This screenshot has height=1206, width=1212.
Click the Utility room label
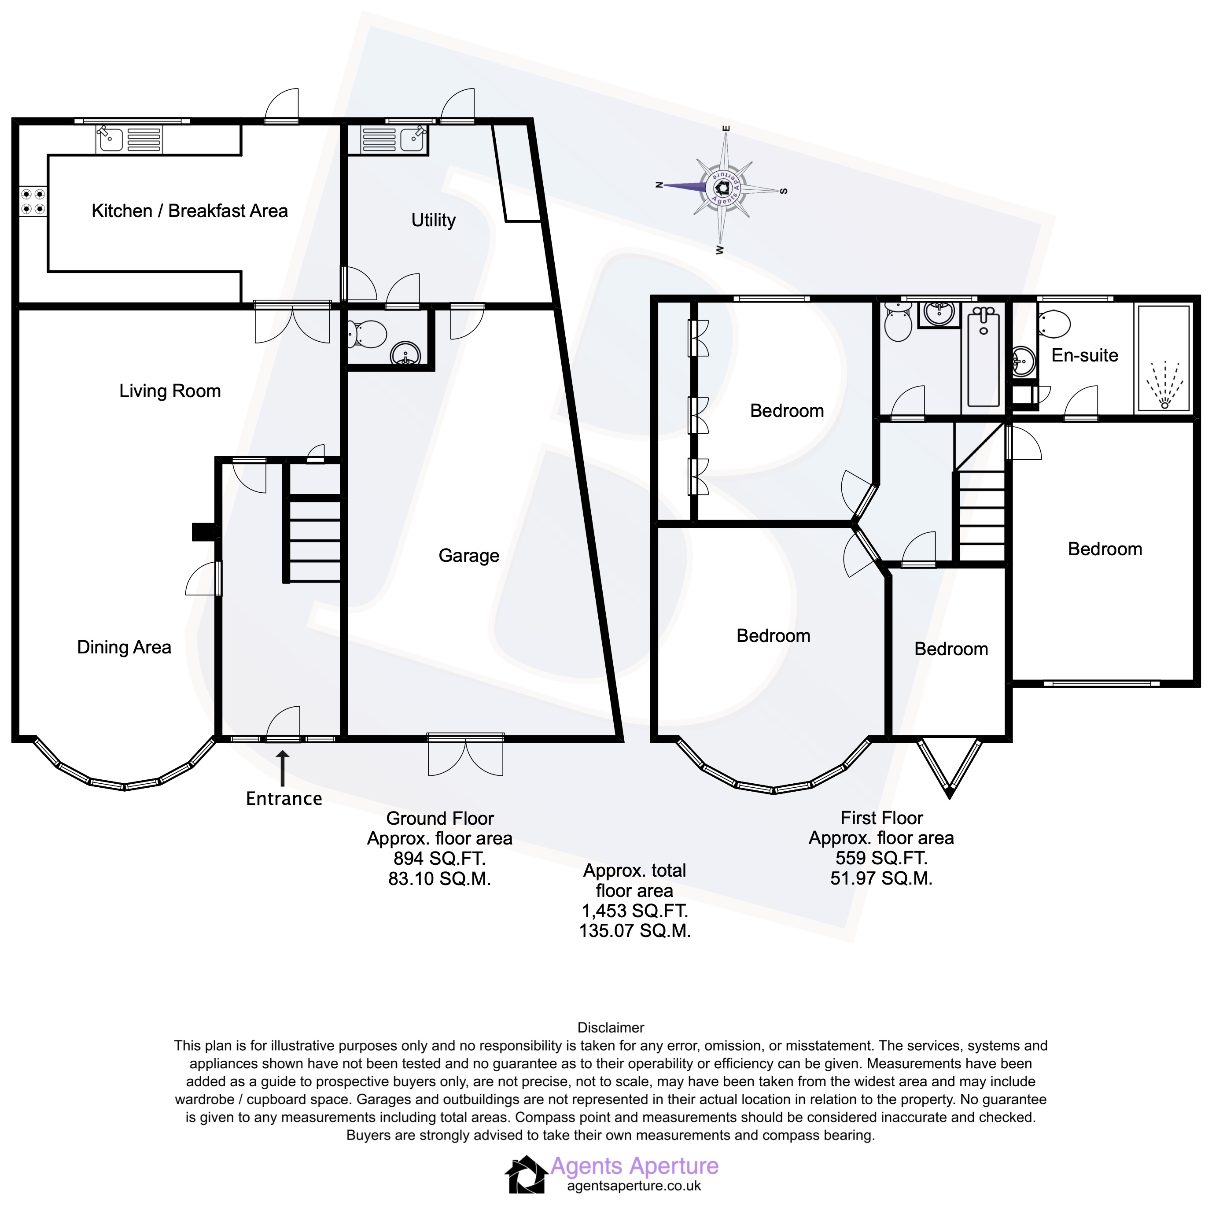point(433,220)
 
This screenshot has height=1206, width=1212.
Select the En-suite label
point(1085,355)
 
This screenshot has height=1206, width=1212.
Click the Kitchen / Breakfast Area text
point(189,211)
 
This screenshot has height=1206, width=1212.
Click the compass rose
point(722,188)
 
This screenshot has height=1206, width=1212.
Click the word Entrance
point(284,799)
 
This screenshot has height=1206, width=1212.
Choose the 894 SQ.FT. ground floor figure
point(440,859)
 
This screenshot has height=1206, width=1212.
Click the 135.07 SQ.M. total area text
point(635,930)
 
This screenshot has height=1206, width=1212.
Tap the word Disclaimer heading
point(610,1028)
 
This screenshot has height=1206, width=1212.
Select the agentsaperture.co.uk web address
point(634,1186)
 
